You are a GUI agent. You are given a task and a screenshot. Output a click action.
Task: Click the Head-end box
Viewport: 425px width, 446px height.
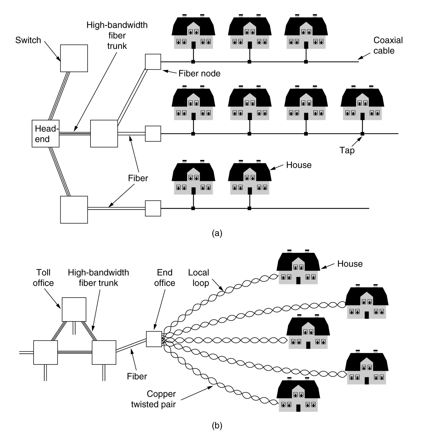[x=45, y=134]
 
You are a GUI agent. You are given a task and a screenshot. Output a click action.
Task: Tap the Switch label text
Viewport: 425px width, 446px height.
[x=28, y=40]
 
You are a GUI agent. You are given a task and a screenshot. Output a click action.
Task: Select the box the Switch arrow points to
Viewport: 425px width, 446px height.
[x=74, y=58]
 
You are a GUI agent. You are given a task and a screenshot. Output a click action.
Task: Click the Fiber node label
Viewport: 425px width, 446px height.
[x=199, y=73]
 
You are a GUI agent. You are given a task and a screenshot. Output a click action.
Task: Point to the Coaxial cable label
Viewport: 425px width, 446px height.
[x=388, y=45]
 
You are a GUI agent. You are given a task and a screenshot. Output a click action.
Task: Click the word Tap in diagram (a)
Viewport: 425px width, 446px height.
[x=347, y=150]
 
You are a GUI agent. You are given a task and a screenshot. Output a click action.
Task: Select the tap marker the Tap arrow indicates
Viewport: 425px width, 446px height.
[x=362, y=134]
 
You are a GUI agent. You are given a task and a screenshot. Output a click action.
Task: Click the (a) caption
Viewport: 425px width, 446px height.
[x=217, y=233]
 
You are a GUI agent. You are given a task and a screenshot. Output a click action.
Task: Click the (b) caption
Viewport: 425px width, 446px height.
[x=217, y=426]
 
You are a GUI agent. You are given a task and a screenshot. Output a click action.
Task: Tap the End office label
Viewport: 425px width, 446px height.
[x=165, y=278]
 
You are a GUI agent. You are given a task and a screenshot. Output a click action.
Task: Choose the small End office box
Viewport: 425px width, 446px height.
[x=154, y=339]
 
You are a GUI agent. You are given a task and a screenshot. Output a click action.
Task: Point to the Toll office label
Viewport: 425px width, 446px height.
[x=43, y=278]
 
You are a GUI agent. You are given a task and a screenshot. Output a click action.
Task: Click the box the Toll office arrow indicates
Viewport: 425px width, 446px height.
[x=74, y=310]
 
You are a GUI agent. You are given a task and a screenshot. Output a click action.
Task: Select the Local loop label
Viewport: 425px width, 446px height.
[x=199, y=278]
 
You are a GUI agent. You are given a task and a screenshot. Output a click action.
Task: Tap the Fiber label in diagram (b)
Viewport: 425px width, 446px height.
[x=137, y=376]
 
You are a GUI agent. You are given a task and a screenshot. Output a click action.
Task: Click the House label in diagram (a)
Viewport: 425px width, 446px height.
[x=299, y=165]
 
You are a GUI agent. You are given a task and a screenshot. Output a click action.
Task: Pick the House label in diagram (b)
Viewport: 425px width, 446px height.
[x=350, y=264]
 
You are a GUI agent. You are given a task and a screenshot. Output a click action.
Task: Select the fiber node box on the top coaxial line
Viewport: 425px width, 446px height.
[x=153, y=62]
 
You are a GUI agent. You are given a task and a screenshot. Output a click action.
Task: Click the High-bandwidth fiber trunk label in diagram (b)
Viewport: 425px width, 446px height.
[x=98, y=278]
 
